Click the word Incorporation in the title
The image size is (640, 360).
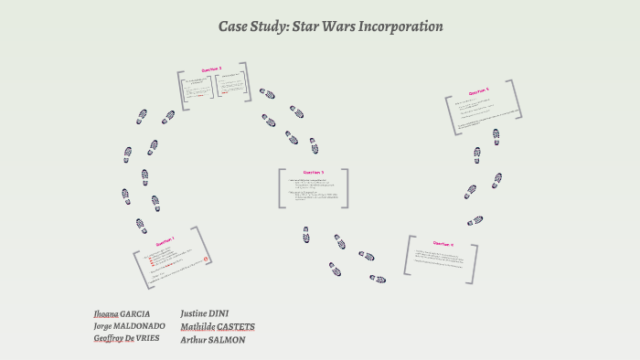(x=395, y=26)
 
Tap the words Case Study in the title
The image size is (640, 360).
(x=251, y=26)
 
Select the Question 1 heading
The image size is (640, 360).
(x=166, y=242)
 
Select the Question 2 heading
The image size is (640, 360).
(x=211, y=69)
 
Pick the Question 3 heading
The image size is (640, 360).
(x=314, y=172)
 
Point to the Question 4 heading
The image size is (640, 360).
(x=443, y=244)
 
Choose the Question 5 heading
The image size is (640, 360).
(x=479, y=92)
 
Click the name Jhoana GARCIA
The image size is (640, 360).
(x=123, y=312)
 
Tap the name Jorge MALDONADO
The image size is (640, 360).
(x=129, y=325)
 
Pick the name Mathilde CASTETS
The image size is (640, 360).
(x=218, y=326)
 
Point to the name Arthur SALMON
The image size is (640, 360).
(x=213, y=339)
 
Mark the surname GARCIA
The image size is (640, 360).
(x=135, y=312)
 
